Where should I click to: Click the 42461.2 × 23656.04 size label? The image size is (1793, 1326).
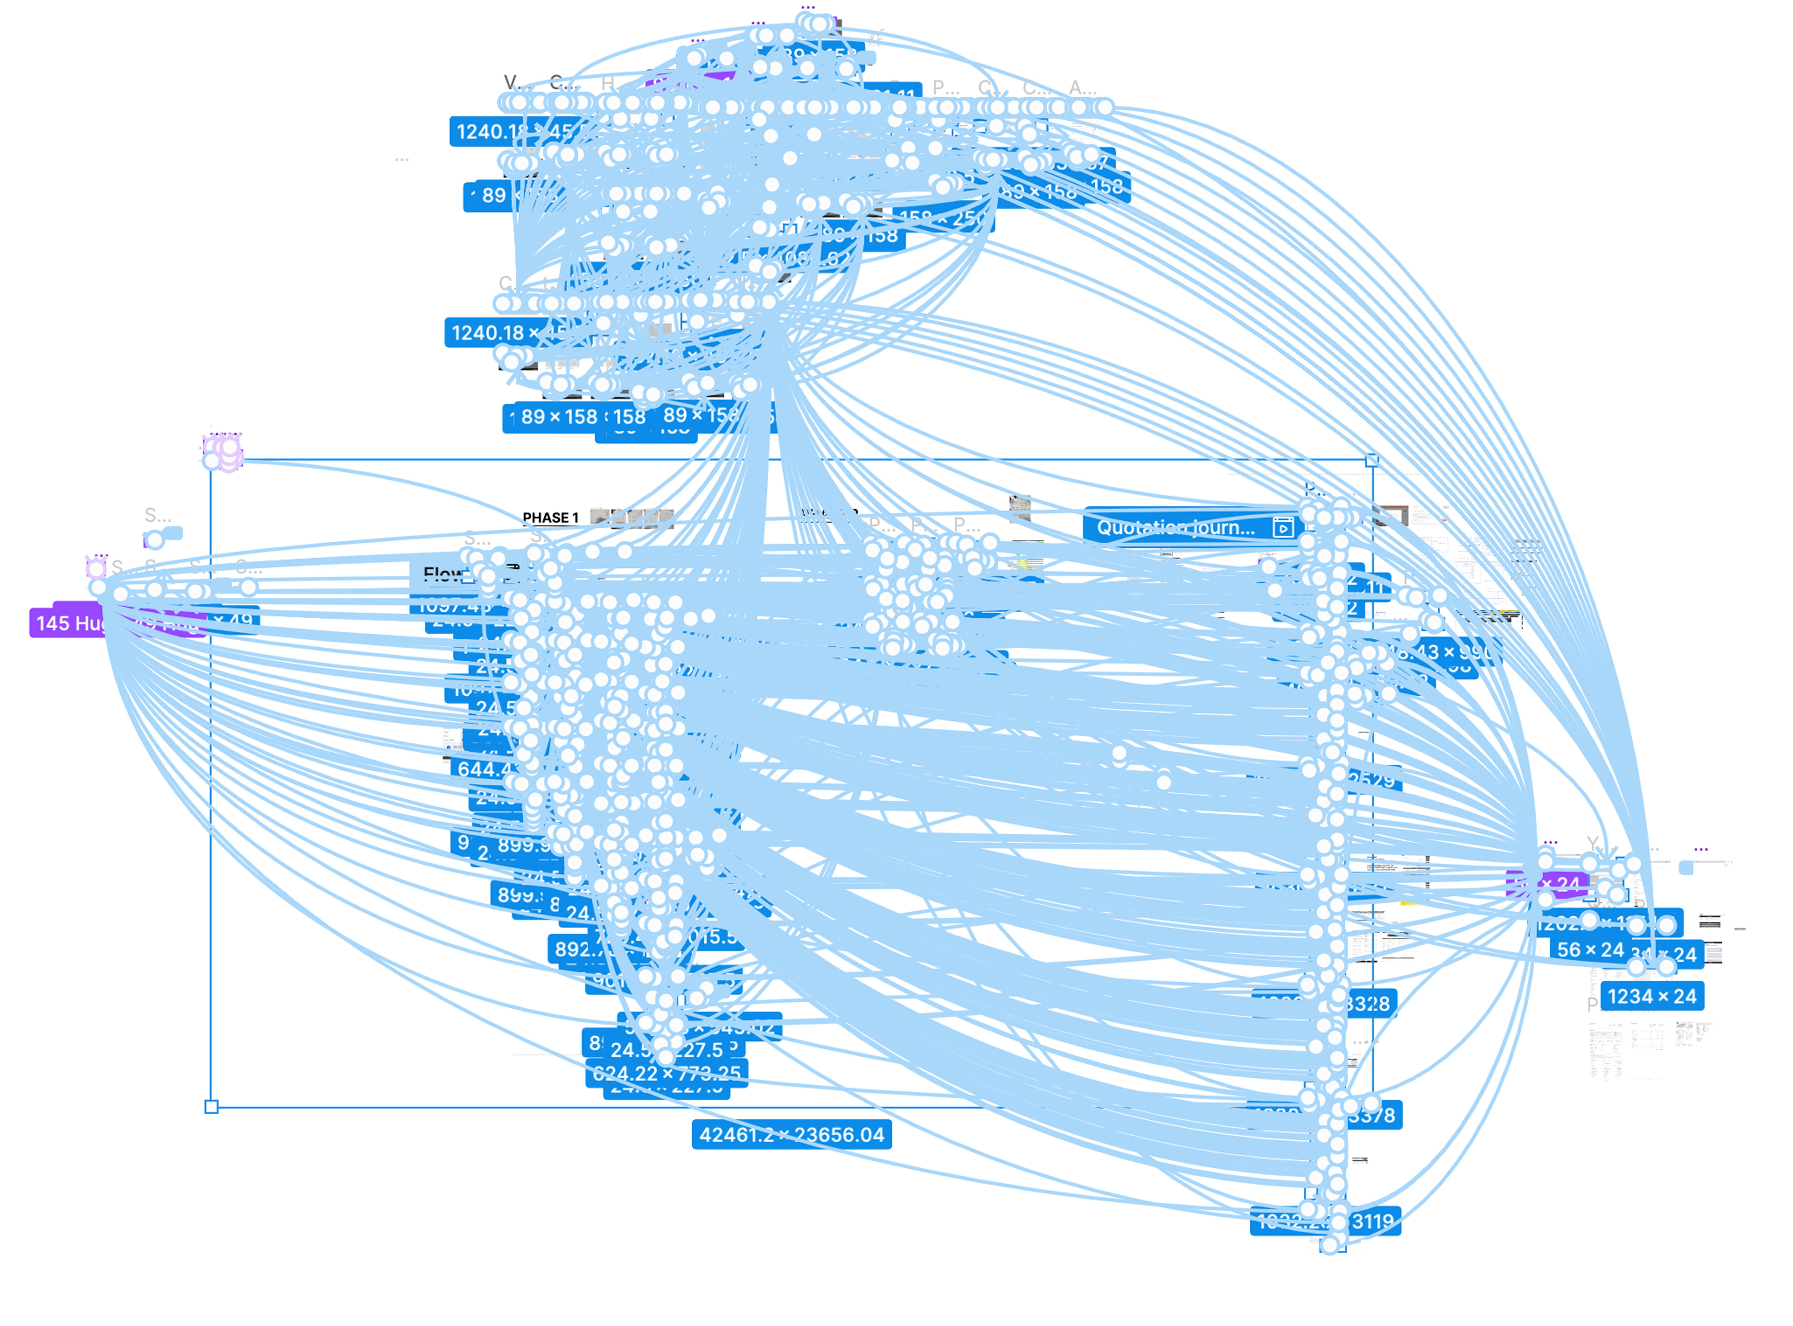pos(791,1134)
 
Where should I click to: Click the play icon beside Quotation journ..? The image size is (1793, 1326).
pos(1282,527)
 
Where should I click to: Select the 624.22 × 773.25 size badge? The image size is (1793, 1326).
pos(667,1073)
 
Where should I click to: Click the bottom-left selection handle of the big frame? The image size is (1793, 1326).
pos(211,1107)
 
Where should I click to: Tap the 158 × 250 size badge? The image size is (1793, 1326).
pos(947,218)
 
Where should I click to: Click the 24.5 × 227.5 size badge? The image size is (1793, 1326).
pos(667,1049)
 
